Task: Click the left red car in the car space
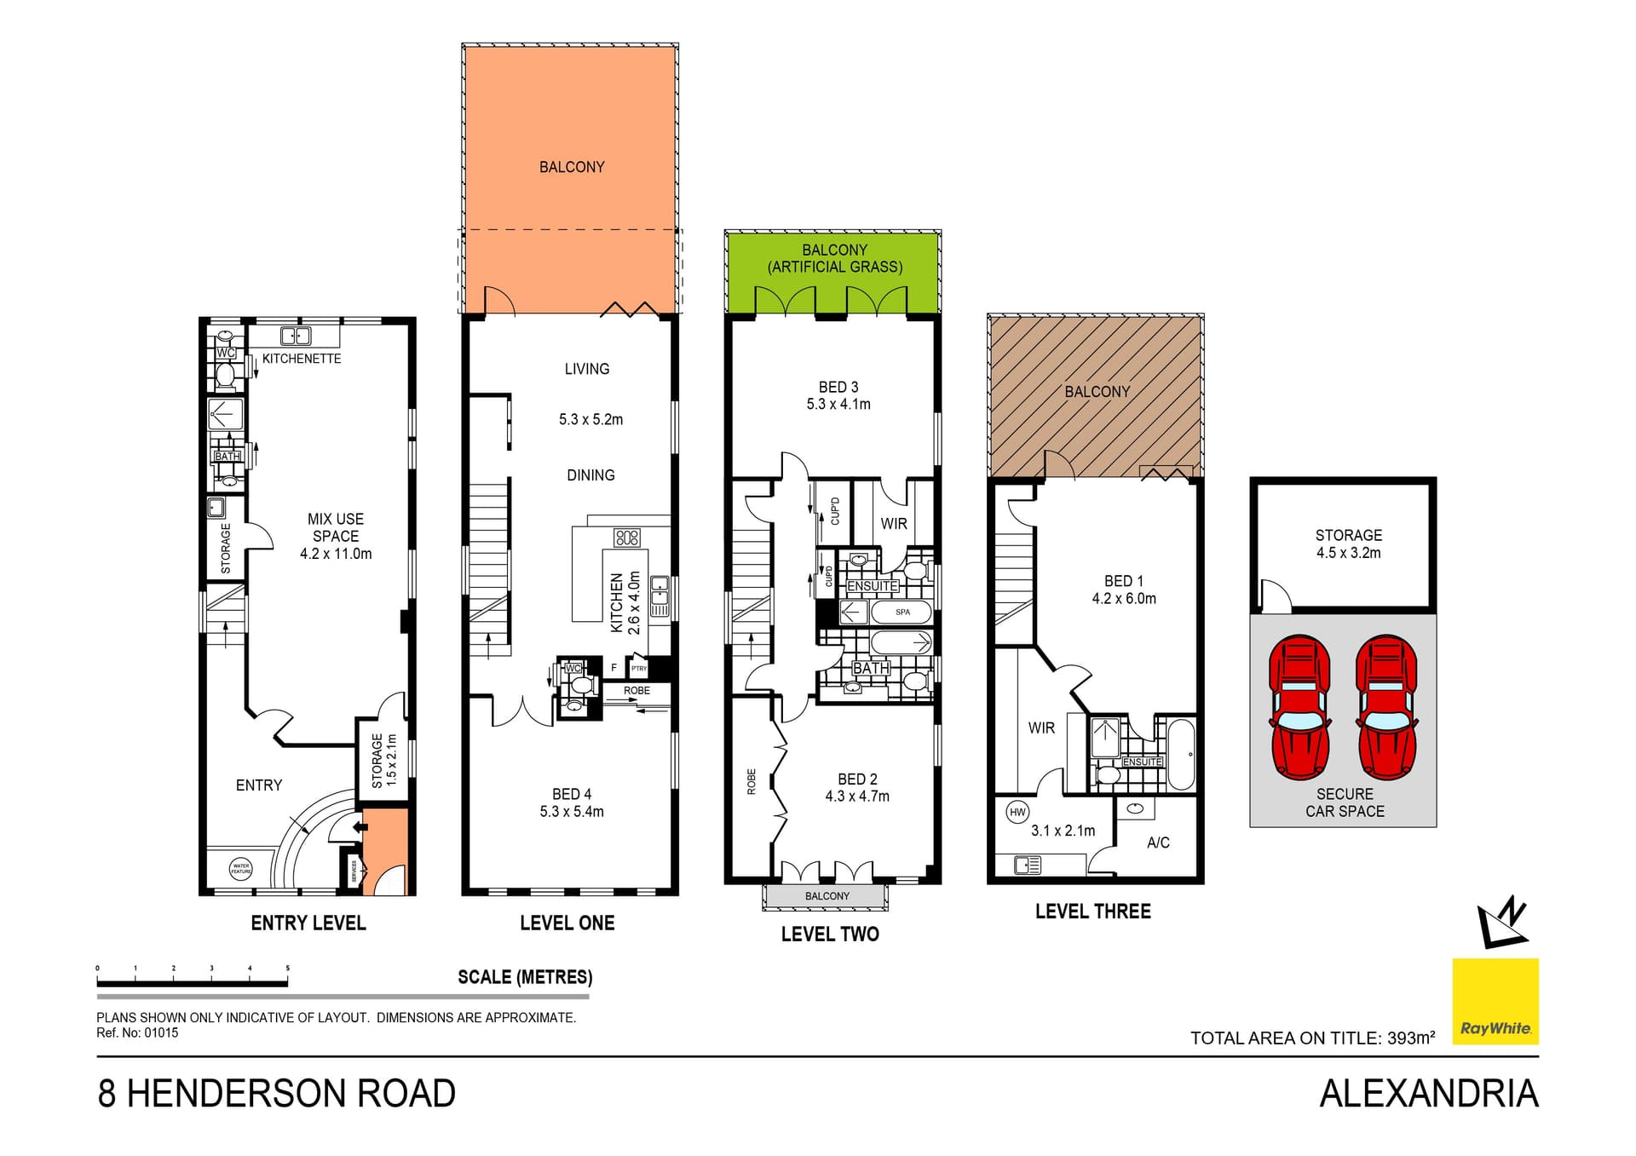click(1299, 706)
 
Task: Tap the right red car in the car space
click(1386, 706)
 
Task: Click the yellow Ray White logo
click(1495, 1001)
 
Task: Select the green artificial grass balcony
click(833, 273)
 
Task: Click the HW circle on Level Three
click(1017, 812)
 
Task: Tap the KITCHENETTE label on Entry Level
click(302, 359)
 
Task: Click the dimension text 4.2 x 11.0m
click(336, 554)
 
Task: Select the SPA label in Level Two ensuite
click(902, 612)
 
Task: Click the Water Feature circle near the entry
click(241, 869)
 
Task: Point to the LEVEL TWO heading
click(830, 934)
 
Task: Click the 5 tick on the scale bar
click(288, 969)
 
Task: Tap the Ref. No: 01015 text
click(137, 1033)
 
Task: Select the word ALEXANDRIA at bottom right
click(1429, 1094)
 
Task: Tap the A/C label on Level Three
click(1158, 843)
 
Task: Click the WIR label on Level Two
click(894, 524)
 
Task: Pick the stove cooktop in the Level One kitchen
click(626, 538)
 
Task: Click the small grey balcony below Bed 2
click(827, 896)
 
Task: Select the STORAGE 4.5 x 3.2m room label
click(1348, 543)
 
